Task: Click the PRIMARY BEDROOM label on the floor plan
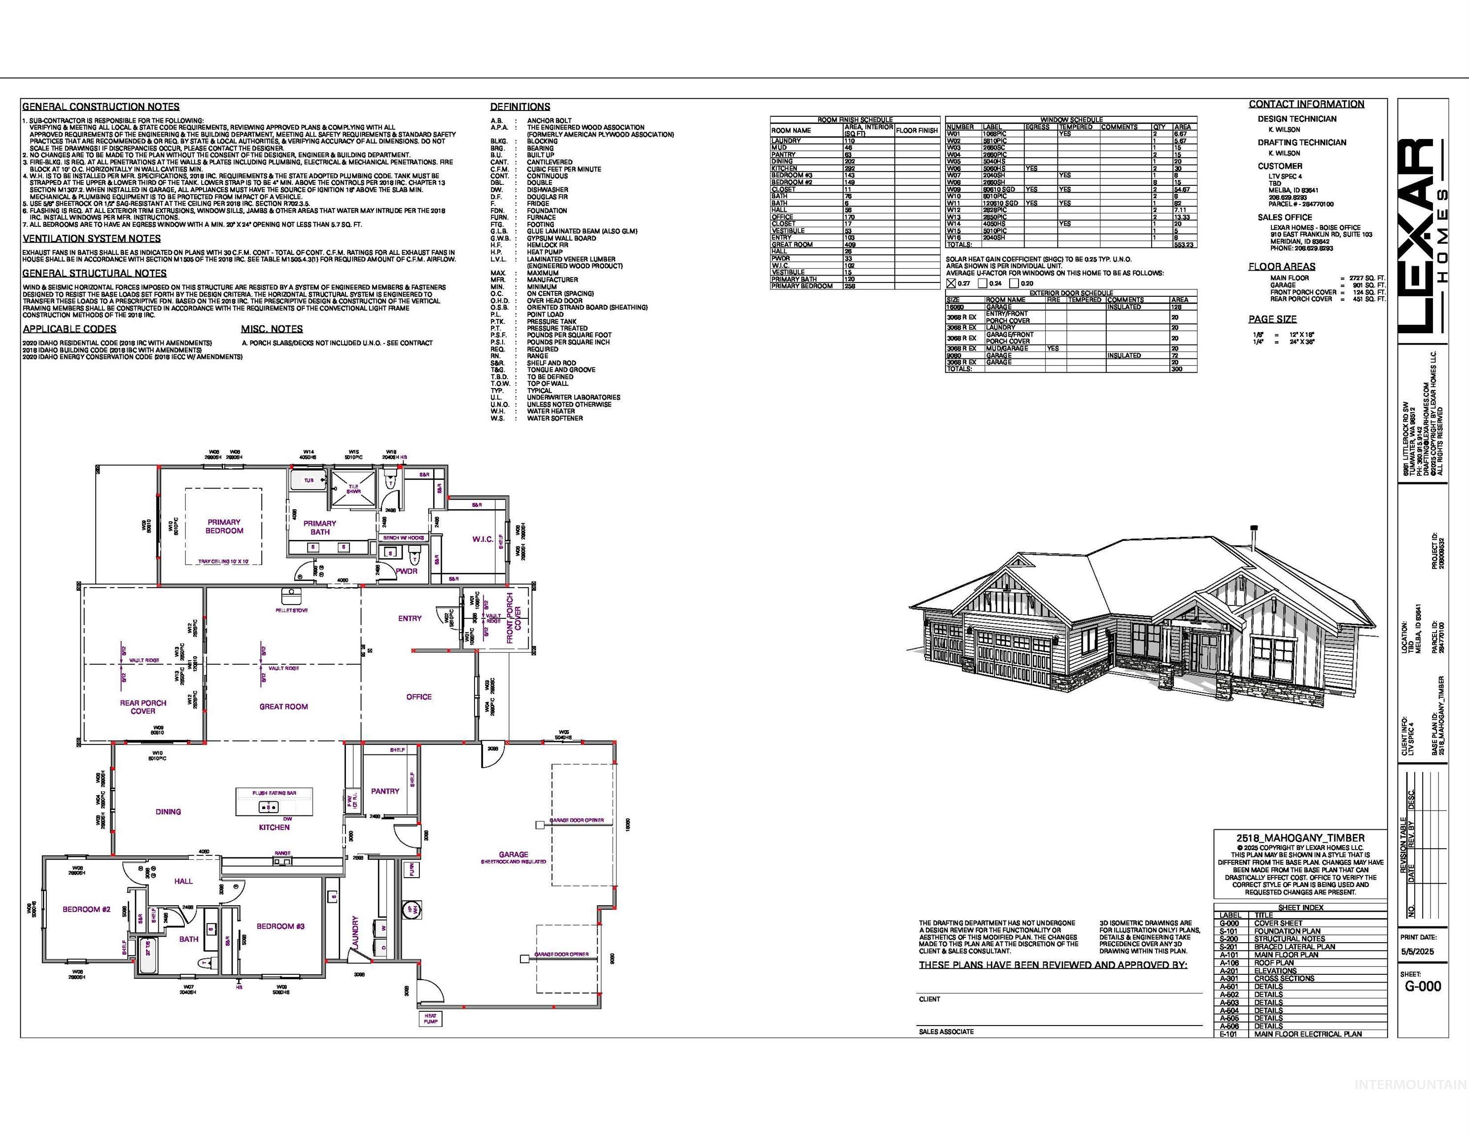[x=224, y=526]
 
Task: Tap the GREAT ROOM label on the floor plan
[x=283, y=707]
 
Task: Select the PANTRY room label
[x=385, y=791]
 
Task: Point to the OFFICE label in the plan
[x=418, y=697]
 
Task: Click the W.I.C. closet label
[x=482, y=539]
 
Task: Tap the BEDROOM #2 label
[x=86, y=909]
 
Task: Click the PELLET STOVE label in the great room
[x=291, y=610]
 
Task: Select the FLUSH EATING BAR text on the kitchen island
[x=274, y=793]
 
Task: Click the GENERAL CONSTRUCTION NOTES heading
[x=101, y=106]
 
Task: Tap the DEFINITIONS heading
[x=520, y=106]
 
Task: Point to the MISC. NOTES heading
[x=272, y=329]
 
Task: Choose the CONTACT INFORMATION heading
[x=1306, y=105]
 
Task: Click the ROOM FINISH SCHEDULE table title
[x=855, y=120]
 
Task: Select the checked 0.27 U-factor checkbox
[x=951, y=284]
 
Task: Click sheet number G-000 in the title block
[x=1423, y=987]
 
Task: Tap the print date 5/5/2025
[x=1418, y=952]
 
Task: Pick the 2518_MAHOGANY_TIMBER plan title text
[x=1300, y=838]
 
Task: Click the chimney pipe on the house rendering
[x=1254, y=537]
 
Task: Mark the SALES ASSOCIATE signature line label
[x=946, y=1031]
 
